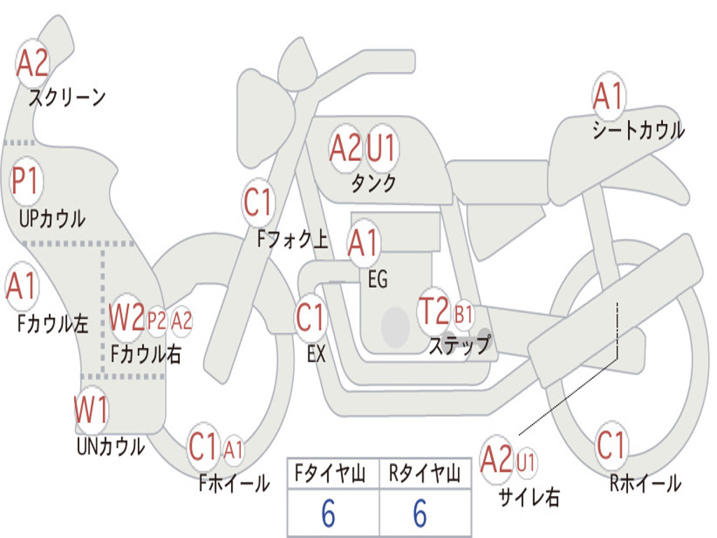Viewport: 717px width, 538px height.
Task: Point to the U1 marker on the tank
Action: pos(382,148)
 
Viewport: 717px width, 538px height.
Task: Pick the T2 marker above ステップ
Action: pos(434,312)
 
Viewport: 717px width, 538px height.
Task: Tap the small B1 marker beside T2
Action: pos(464,315)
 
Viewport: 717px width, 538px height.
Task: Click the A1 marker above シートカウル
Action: pos(608,97)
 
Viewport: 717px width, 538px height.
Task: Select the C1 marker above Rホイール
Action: pos(611,445)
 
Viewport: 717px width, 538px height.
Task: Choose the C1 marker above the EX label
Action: pos(311,318)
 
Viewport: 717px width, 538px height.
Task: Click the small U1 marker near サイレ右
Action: pos(526,462)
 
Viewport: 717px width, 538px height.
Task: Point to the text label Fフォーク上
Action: pos(293,240)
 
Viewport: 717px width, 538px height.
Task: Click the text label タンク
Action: pos(373,184)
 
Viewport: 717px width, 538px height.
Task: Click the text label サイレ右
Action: pos(529,498)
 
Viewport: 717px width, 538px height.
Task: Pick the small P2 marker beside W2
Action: pos(156,321)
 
